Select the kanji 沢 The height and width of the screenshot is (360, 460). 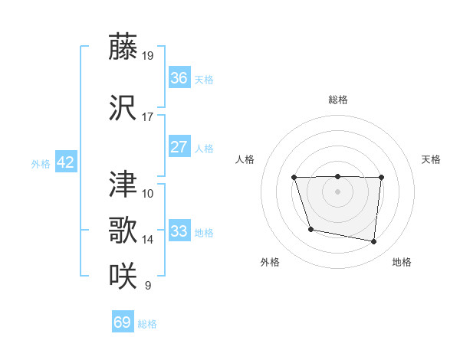(x=123, y=109)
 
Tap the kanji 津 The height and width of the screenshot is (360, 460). (x=123, y=184)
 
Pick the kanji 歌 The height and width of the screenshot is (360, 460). (x=123, y=230)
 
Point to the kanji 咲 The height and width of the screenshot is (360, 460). (x=123, y=276)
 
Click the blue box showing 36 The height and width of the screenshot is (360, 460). (x=179, y=78)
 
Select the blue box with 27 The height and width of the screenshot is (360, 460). (x=179, y=147)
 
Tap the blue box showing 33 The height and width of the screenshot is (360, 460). (x=179, y=231)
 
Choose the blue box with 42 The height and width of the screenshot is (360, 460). (x=65, y=162)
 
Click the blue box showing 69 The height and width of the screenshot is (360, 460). (x=123, y=322)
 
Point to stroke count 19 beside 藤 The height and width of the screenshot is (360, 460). (x=148, y=55)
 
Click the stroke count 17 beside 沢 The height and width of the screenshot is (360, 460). (x=148, y=117)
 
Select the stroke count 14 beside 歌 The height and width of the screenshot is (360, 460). (x=148, y=240)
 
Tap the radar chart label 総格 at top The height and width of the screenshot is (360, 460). (x=337, y=100)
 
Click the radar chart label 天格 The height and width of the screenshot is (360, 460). (x=431, y=159)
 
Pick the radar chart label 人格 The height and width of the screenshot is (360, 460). (x=245, y=159)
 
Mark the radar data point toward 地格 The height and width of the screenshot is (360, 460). (x=374, y=242)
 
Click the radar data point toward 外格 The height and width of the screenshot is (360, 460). (x=310, y=229)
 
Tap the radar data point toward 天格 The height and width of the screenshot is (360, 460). (x=381, y=177)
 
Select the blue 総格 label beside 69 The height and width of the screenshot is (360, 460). (x=147, y=324)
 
